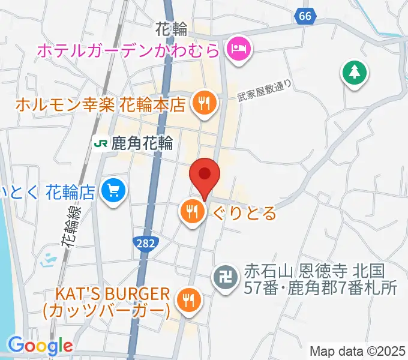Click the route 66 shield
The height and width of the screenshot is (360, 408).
click(x=305, y=17)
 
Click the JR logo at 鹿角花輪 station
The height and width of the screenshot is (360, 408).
click(x=100, y=143)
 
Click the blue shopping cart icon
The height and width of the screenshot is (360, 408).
click(x=113, y=191)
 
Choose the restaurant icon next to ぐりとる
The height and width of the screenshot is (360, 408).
click(x=191, y=211)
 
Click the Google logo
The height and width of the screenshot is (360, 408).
click(x=40, y=346)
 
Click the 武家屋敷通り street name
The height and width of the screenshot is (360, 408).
click(x=264, y=91)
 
